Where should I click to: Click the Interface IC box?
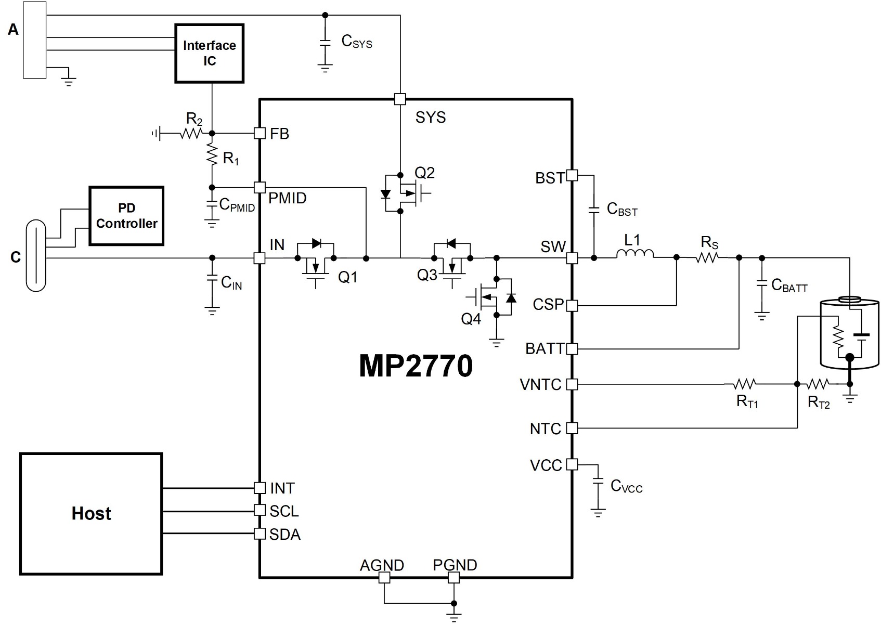[210, 53]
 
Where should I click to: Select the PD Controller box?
[126, 216]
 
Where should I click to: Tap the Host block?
[91, 513]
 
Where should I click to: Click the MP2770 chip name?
[416, 366]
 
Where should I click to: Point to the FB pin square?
[260, 134]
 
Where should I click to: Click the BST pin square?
[572, 175]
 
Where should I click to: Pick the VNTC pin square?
[572, 384]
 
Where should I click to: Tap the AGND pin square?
[384, 577]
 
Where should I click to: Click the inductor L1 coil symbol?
[634, 254]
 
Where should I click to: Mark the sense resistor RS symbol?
[707, 257]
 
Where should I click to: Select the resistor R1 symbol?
[212, 154]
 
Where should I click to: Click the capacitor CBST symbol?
[593, 211]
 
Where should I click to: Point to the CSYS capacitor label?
[357, 41]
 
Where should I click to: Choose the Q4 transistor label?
[471, 319]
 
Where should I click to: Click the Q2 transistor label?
[424, 173]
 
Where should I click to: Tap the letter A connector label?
[13, 30]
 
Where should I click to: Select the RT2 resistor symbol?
[817, 384]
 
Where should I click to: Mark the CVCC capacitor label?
[626, 486]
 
